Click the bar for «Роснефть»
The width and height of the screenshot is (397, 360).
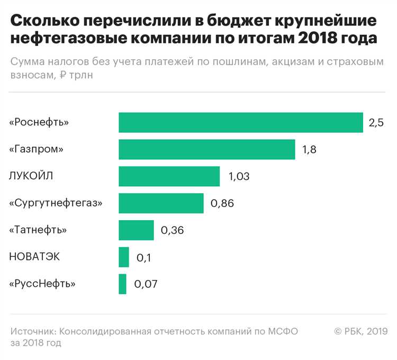241,122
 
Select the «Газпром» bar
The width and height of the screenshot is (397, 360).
206,149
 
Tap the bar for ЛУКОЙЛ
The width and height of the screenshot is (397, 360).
169,176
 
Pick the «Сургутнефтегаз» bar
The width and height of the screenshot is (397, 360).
161,203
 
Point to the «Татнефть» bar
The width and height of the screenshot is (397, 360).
136,230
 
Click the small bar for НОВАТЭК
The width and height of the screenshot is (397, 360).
124,257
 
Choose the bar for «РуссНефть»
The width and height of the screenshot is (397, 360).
122,284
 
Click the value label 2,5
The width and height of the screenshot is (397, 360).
376,123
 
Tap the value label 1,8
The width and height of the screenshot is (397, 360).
309,150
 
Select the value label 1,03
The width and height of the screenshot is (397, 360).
239,177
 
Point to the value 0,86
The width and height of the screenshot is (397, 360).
222,204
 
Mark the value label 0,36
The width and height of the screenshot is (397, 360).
172,231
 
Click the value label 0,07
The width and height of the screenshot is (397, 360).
146,284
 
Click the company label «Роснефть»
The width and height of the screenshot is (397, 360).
39,123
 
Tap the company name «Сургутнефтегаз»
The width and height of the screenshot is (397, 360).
56,203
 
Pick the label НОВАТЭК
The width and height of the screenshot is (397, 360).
35,257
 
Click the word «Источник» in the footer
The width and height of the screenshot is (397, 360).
33,331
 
